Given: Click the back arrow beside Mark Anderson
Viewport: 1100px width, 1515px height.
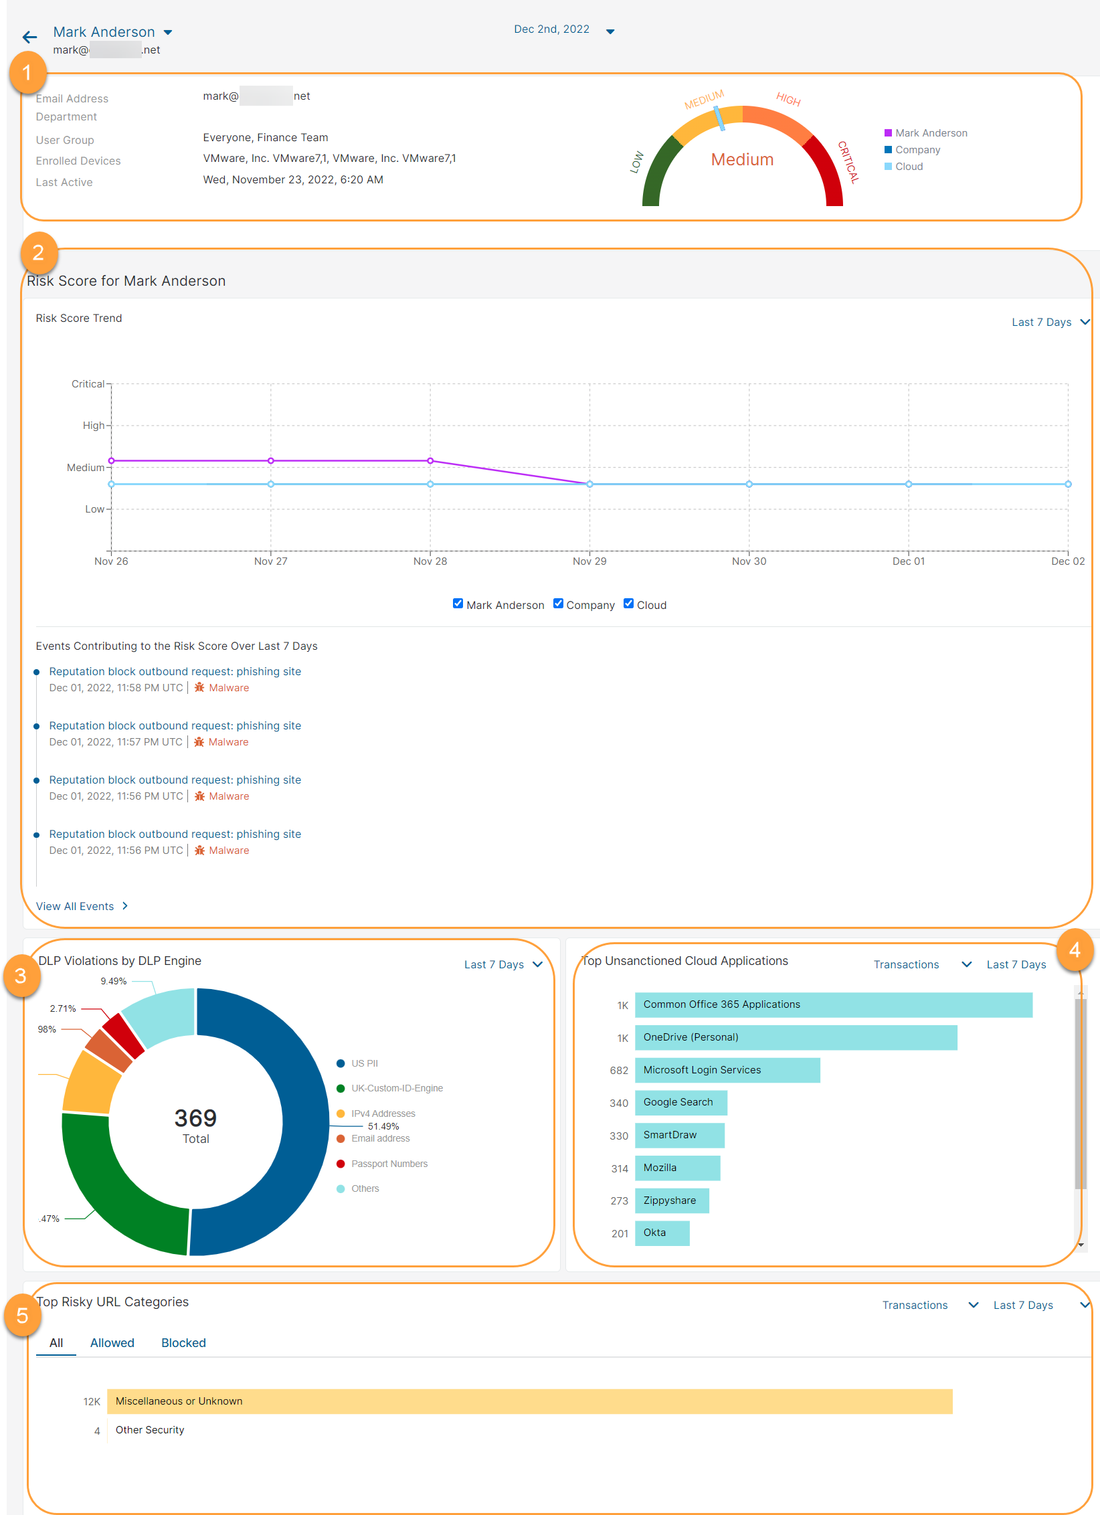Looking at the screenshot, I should pos(29,37).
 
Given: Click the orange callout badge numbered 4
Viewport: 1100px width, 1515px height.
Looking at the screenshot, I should pos(1075,950).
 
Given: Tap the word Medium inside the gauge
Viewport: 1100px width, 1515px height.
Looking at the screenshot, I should pos(742,160).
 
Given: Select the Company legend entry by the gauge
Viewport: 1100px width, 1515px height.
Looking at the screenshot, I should pos(917,150).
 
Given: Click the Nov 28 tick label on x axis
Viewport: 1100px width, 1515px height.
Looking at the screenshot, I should pos(430,561).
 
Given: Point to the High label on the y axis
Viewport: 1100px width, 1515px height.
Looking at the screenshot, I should pos(94,426).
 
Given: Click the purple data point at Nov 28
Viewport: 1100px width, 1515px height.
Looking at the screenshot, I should pos(430,461).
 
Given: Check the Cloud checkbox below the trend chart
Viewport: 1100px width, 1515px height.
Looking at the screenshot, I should pos(628,604).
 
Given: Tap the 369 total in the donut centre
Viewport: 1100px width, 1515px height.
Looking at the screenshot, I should pos(195,1118).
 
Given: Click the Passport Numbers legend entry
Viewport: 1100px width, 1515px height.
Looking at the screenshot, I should pos(389,1164).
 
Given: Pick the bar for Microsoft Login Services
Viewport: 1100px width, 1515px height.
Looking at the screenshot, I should pos(727,1070).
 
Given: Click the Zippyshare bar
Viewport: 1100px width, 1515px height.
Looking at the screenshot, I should pos(671,1200).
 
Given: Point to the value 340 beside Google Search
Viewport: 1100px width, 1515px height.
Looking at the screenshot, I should pos(618,1103).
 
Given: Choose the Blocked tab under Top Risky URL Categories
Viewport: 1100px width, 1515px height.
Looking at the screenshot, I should pos(183,1343).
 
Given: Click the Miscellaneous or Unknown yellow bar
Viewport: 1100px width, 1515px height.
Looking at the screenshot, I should pos(529,1401).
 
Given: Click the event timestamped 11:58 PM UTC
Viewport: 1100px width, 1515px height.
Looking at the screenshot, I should pos(175,672).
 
